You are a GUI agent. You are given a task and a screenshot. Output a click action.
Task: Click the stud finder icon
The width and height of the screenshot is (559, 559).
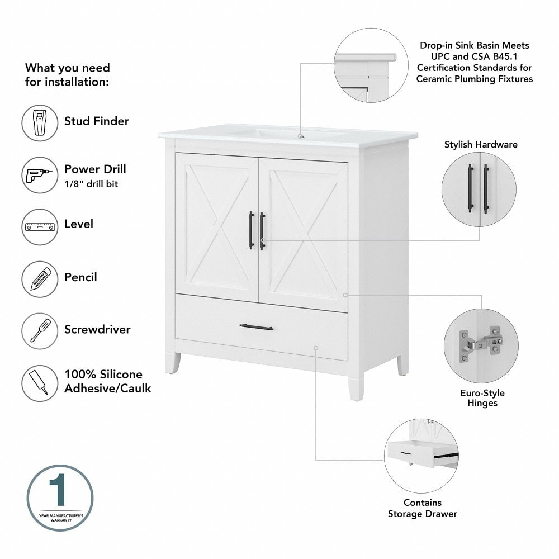coord(40,122)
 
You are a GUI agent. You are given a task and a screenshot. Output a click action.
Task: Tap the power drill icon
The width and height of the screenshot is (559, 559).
coord(40,175)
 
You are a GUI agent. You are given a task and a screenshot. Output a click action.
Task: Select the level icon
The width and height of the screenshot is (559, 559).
coord(40,226)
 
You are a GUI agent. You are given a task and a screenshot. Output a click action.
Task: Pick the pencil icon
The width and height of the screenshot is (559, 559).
coord(40,279)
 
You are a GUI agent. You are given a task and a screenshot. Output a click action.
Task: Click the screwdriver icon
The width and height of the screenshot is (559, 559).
coord(40,331)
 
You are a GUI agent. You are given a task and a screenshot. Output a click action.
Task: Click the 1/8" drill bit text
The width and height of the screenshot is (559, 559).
coord(91,183)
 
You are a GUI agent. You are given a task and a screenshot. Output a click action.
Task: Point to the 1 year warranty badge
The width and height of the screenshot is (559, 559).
coord(60,498)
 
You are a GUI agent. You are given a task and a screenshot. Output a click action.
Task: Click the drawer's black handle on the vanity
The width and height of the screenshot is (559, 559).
coord(256,327)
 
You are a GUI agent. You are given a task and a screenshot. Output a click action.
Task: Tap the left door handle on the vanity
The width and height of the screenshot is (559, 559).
coord(251,230)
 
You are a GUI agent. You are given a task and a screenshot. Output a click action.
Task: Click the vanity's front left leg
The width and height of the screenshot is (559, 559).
coord(172,363)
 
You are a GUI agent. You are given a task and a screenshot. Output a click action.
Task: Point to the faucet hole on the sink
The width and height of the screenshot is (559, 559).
coord(301,135)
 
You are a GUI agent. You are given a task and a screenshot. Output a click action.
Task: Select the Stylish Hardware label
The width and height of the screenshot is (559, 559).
coord(481,145)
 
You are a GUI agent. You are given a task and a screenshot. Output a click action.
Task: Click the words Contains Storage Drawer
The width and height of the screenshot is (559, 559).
coord(422,508)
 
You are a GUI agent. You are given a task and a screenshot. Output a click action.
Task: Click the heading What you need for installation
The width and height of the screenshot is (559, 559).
coord(68,74)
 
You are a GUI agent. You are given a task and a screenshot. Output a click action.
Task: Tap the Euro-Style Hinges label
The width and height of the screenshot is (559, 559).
coord(482,398)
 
